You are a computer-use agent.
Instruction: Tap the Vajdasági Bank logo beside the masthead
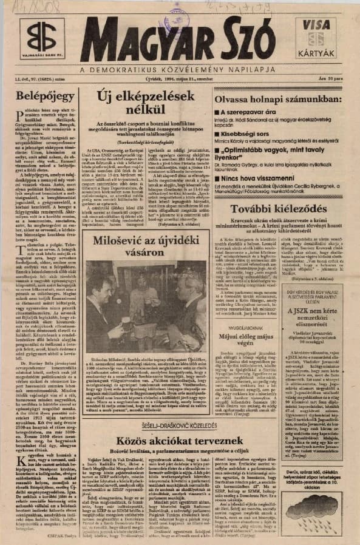[41, 39]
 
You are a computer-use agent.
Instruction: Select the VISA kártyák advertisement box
[316, 38]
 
